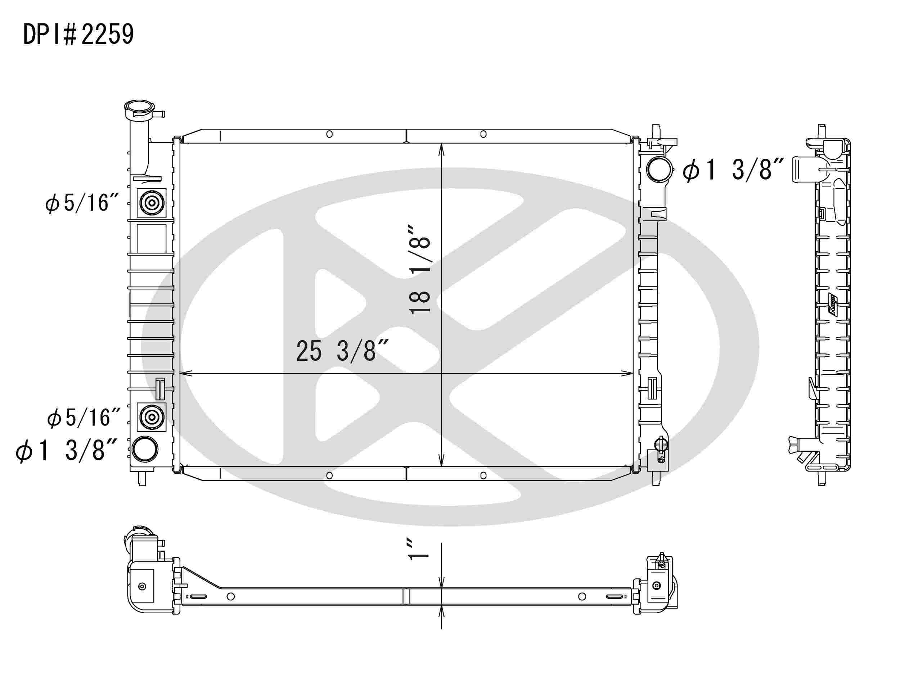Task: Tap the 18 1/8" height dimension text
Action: pyautogui.click(x=419, y=270)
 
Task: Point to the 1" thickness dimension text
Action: pyautogui.click(x=418, y=549)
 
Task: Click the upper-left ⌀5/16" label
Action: pyautogui.click(x=82, y=203)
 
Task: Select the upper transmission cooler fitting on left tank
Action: pyautogui.click(x=152, y=203)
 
